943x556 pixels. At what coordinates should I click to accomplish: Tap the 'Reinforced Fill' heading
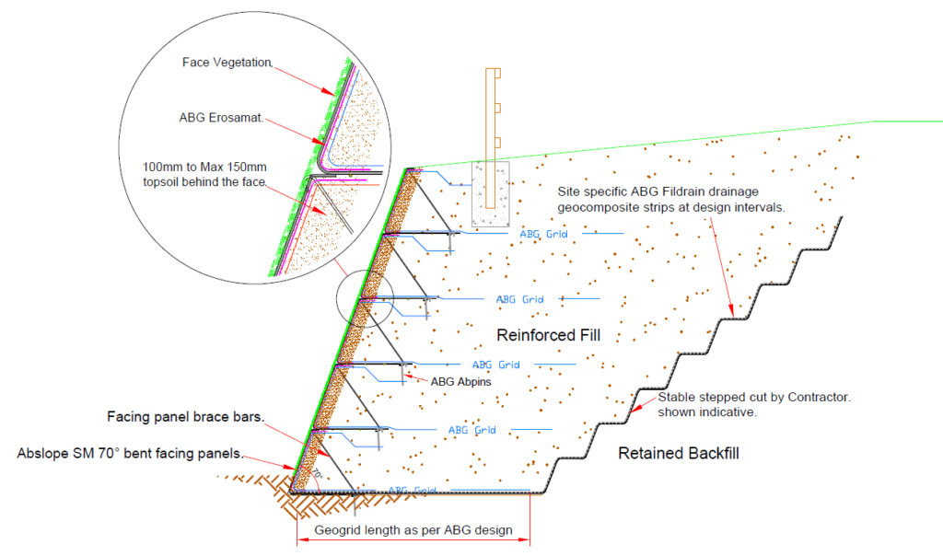pos(548,335)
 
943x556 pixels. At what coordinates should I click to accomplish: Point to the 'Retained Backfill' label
pos(679,453)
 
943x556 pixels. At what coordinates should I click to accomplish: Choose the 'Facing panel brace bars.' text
pos(186,416)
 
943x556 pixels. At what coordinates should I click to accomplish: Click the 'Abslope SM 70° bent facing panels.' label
pos(130,454)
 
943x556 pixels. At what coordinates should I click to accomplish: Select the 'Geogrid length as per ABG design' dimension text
pos(413,531)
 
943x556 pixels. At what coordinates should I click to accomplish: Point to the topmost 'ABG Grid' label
pos(542,234)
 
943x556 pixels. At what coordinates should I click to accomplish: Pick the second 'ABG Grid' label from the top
pos(519,299)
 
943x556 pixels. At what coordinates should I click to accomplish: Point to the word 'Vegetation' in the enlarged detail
pos(243,63)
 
